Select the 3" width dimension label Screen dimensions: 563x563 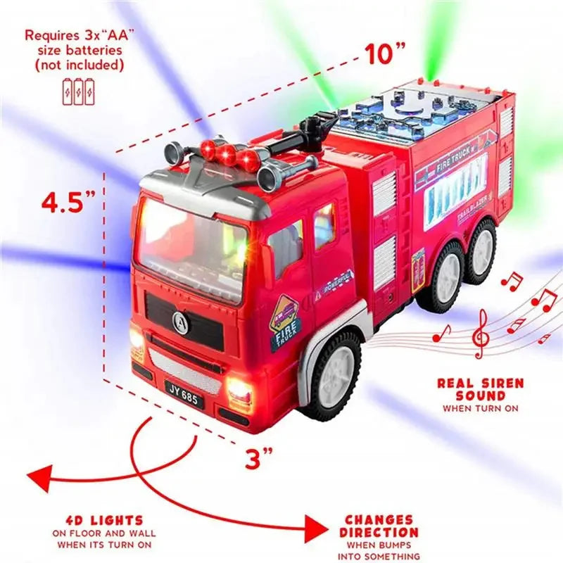click(x=258, y=458)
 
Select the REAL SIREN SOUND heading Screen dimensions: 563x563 click(x=480, y=389)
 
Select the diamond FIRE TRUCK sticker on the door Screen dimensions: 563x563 click(x=285, y=322)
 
